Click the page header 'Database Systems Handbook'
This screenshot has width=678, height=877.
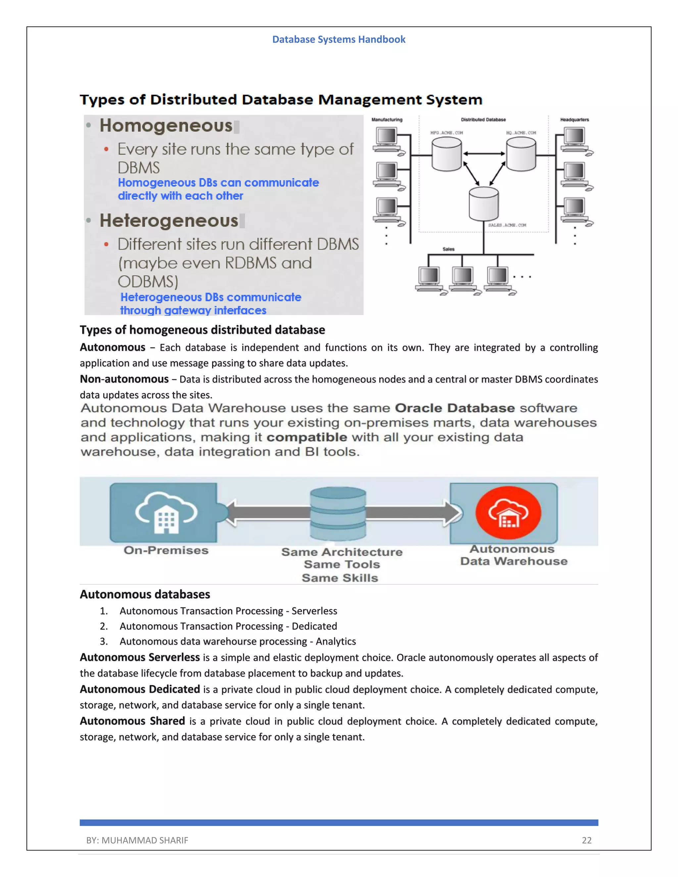click(x=339, y=39)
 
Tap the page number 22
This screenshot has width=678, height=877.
click(x=586, y=840)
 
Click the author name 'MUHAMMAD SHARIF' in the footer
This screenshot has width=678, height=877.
click(x=145, y=840)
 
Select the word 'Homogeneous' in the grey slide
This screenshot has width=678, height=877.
click(x=166, y=126)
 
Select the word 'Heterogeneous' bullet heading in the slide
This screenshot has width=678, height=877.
click(x=169, y=220)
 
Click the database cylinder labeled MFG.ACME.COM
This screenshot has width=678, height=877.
click(x=446, y=155)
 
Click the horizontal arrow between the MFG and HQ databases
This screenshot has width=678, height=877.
click(x=484, y=154)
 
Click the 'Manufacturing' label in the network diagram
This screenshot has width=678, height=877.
click(x=387, y=120)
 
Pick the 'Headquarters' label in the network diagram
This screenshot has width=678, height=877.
click(x=574, y=120)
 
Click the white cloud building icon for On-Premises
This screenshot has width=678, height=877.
click(x=166, y=513)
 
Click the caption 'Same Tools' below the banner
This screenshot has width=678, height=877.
click(x=342, y=564)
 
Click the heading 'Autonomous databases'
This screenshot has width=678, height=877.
click(x=145, y=594)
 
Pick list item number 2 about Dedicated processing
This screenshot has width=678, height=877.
click(x=228, y=626)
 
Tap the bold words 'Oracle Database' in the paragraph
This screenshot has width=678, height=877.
click(x=455, y=408)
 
